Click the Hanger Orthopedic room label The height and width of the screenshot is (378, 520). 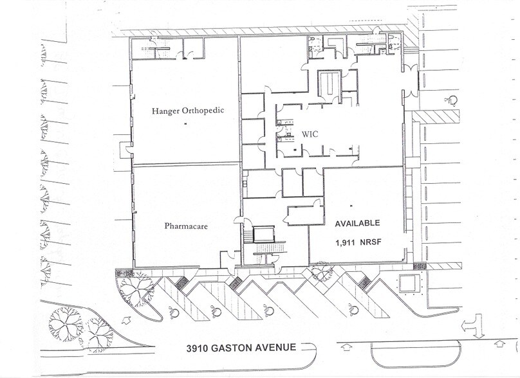(x=187, y=111)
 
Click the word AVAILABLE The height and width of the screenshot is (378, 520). (x=357, y=224)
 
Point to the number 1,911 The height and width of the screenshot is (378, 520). (x=346, y=244)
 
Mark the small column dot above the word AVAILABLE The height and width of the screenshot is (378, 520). (x=351, y=205)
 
